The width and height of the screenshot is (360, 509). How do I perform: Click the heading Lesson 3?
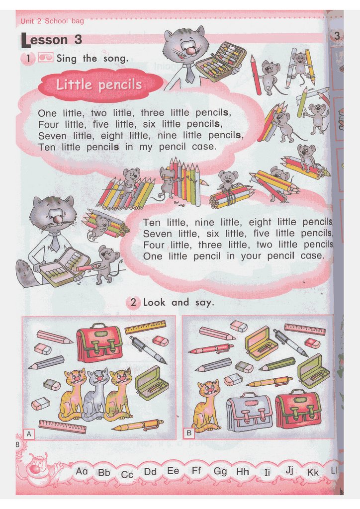51,40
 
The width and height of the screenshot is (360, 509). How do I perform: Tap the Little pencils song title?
99,85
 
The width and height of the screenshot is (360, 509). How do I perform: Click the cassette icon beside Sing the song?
45,58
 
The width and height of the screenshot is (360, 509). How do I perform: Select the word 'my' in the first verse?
146,147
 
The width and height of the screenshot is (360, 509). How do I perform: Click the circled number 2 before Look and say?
133,303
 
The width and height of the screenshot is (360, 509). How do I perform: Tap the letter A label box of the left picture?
29,433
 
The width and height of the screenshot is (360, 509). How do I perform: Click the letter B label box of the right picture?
189,433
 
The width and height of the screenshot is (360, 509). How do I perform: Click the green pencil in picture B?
277,363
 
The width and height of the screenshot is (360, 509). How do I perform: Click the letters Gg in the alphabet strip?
220,471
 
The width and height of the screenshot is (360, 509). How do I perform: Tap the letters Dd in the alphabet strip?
150,471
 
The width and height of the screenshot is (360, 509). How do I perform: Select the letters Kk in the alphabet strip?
313,472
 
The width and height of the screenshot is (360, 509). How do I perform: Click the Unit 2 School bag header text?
52,21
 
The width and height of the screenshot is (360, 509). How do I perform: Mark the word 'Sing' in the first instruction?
67,59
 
